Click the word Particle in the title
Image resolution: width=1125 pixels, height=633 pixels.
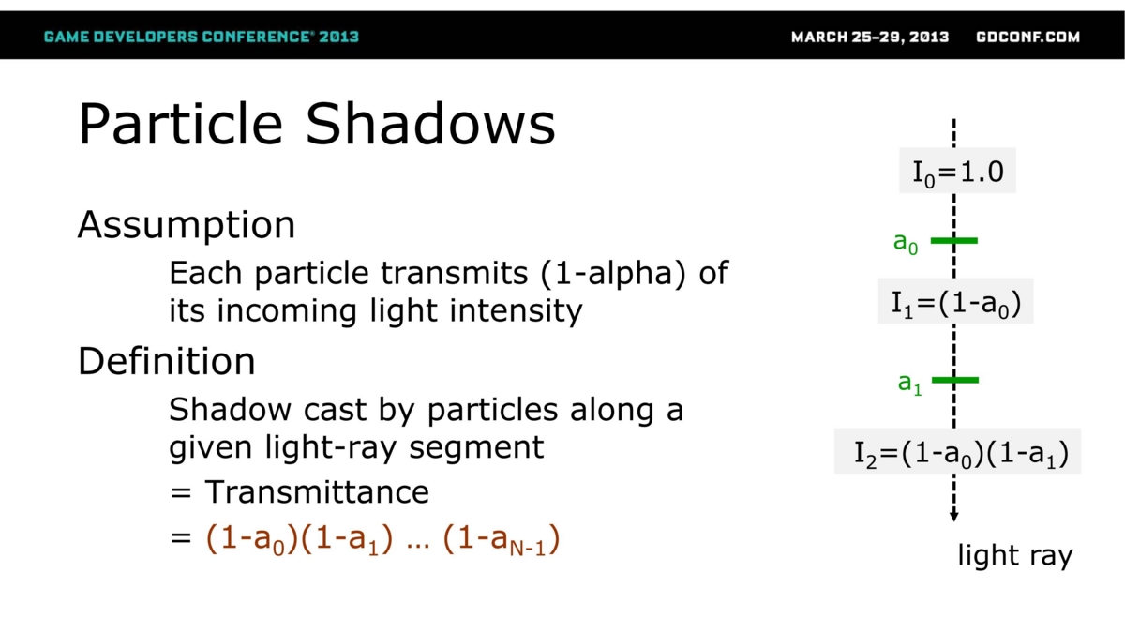[181, 124]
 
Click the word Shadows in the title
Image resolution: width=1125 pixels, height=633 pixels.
[430, 124]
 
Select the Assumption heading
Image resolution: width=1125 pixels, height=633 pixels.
[187, 226]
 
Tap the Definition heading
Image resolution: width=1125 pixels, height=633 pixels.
[167, 361]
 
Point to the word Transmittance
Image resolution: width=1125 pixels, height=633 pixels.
[317, 491]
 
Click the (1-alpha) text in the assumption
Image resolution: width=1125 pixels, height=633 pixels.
[613, 273]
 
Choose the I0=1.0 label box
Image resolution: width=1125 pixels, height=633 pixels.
[957, 171]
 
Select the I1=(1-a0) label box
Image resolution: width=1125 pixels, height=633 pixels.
[955, 301]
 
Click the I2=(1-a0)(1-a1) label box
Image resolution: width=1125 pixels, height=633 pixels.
[957, 451]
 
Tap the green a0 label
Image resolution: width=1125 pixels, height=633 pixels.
[906, 243]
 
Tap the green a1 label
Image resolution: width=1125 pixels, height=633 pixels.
[910, 384]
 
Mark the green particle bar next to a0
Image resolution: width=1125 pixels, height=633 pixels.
[954, 241]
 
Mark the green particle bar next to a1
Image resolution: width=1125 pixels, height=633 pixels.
[955, 381]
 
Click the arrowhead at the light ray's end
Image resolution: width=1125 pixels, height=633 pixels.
[954, 518]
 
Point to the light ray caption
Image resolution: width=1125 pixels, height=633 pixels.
[1015, 556]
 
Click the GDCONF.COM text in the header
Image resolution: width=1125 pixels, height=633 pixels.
[1028, 38]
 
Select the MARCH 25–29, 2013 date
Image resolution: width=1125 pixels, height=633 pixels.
[870, 38]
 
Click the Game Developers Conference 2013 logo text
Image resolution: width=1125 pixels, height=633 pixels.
[202, 37]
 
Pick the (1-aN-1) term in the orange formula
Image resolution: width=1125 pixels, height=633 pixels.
[502, 540]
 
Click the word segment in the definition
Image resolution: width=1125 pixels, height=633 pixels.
[476, 447]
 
